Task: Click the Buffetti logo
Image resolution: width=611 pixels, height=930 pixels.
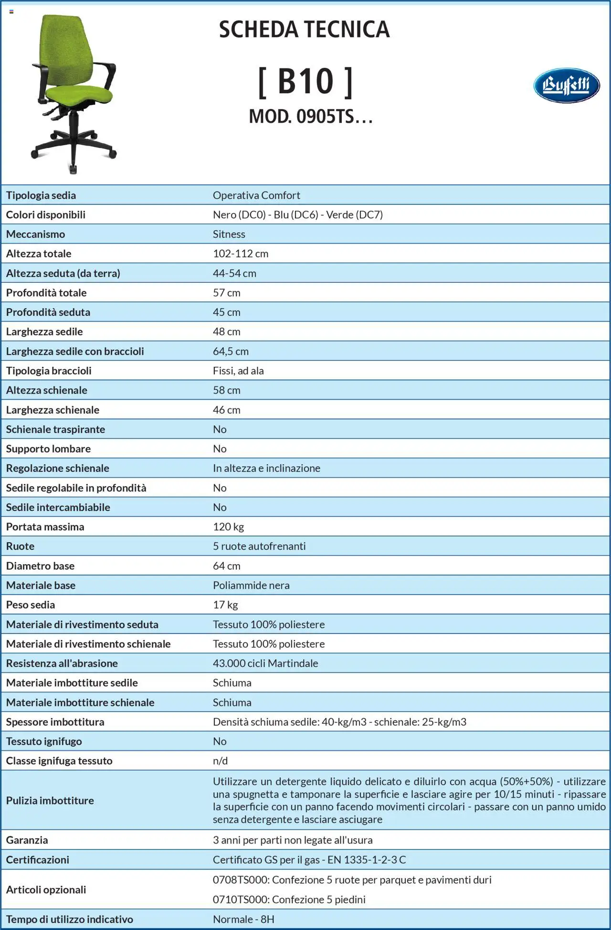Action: [566, 86]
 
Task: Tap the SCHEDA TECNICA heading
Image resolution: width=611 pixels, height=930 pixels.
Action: [304, 30]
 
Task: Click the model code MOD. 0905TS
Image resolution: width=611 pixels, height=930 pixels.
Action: [310, 116]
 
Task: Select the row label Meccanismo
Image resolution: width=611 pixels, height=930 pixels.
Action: [35, 234]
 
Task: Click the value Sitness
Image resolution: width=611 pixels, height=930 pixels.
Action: [229, 234]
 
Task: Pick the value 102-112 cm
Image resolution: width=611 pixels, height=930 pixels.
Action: [241, 254]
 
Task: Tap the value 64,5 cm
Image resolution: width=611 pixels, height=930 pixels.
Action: [231, 351]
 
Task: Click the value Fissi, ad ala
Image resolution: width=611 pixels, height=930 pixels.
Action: [238, 371]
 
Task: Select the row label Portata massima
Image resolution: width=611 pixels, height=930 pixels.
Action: [45, 527]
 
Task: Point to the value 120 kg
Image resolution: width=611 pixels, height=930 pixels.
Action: [228, 527]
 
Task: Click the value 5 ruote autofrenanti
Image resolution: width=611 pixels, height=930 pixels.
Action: [259, 546]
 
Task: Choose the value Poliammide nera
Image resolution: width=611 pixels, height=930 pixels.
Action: [251, 585]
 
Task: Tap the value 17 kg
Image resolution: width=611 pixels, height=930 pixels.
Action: [225, 605]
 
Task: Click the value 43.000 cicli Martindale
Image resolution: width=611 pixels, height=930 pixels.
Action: [265, 663]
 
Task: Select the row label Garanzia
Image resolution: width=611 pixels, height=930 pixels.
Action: [27, 840]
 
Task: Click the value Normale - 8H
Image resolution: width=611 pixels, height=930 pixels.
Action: [243, 919]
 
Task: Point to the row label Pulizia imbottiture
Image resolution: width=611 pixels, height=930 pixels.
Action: [50, 801]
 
